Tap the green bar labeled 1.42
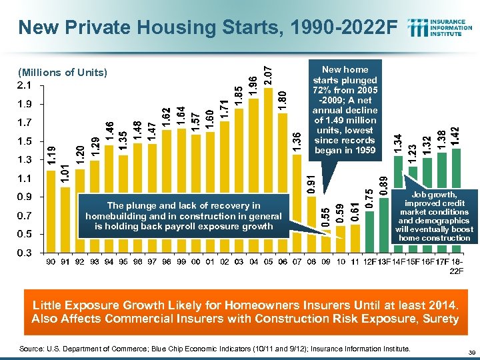tap(456, 200)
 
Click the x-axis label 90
tap(50, 262)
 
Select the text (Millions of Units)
tap(63, 72)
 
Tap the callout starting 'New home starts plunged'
tap(345, 110)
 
